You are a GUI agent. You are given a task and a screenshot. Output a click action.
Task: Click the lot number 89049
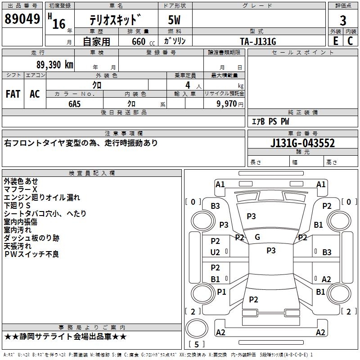(22, 19)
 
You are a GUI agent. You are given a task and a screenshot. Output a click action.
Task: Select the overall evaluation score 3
(343, 20)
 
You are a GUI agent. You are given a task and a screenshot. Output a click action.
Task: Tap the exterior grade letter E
(335, 40)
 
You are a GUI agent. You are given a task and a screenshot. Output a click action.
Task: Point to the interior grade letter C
(350, 40)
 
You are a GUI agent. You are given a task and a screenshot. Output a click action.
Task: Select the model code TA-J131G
(258, 41)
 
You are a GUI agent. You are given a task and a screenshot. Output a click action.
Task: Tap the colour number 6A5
(74, 103)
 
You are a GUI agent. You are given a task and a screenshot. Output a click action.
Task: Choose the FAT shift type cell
(13, 94)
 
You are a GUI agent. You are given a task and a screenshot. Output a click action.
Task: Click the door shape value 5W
(175, 20)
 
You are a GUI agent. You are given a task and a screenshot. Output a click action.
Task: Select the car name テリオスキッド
(115, 20)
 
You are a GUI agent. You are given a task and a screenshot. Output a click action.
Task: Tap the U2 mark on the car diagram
(216, 252)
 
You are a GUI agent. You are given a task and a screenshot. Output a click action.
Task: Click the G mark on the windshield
(257, 237)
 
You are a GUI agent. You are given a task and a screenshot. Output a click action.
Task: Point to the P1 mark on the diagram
(221, 292)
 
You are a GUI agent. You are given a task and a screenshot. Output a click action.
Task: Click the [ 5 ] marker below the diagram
(196, 344)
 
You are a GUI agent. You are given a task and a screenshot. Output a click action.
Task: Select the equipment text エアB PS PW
(270, 121)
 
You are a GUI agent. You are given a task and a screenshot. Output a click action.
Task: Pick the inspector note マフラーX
(21, 189)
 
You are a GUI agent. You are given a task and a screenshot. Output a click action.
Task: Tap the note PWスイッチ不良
(31, 254)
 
